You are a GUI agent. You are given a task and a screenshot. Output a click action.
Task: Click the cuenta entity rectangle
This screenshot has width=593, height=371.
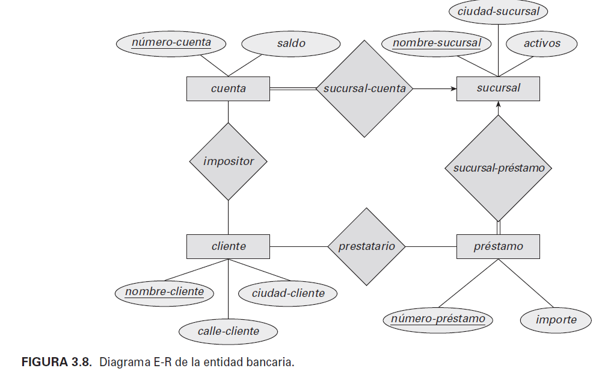(228, 89)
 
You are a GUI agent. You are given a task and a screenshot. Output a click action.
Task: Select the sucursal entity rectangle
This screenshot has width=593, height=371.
(498, 89)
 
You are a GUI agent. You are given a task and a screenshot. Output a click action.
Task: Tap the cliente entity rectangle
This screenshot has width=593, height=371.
(228, 246)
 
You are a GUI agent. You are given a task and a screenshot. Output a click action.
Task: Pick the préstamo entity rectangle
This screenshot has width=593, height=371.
(498, 246)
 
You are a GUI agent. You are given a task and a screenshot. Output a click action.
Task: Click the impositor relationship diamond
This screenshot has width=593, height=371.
(228, 161)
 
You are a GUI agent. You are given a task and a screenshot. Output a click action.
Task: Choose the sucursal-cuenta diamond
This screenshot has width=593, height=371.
(364, 89)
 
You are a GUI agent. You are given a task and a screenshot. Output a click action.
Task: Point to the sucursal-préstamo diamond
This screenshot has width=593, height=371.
(498, 168)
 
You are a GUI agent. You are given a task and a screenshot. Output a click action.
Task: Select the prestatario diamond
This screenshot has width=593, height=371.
(366, 246)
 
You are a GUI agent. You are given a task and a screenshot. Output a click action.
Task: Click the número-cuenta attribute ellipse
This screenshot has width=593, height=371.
(171, 43)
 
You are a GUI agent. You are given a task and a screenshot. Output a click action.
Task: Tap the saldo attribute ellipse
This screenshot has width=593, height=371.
(290, 43)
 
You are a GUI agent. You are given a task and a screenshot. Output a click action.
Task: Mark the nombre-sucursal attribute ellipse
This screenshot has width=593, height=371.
(437, 43)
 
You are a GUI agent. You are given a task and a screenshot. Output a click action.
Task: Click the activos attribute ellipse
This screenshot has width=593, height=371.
(541, 43)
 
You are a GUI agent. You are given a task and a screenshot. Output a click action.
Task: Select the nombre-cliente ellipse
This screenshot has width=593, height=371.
(164, 293)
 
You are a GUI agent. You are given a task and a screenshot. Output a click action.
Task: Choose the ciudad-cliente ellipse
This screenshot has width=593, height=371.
(288, 294)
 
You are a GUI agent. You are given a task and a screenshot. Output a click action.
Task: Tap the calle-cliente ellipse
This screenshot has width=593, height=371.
(229, 331)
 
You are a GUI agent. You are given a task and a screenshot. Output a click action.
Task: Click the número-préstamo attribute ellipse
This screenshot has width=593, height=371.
(438, 319)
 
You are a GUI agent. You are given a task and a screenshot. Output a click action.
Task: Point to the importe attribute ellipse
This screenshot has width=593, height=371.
(556, 320)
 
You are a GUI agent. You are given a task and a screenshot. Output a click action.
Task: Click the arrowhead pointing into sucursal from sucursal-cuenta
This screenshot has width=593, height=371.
(453, 89)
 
